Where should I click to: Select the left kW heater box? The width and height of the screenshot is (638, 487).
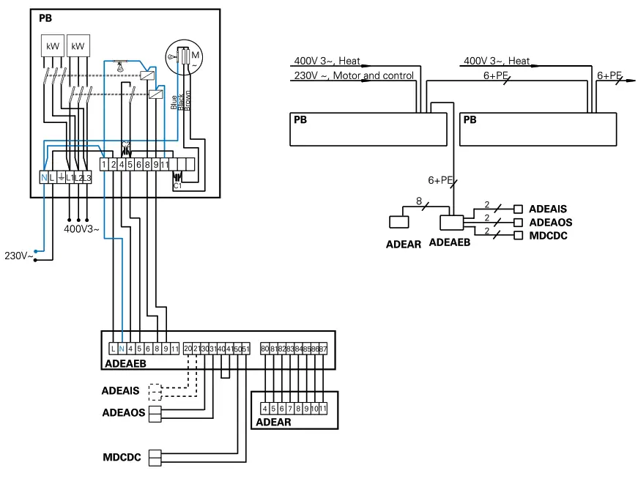coord(52,45)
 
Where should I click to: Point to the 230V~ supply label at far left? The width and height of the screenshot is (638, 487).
coord(19,256)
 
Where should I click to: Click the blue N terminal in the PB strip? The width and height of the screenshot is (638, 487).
coord(43,178)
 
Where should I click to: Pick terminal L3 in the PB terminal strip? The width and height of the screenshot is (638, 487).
coord(86,178)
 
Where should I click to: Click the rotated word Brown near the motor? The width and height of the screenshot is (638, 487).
coord(188,100)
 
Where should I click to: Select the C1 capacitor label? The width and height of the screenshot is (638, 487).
coord(177,187)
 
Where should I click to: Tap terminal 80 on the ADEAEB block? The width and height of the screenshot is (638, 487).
coord(264,349)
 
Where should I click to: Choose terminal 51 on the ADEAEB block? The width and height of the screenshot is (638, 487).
coord(245,349)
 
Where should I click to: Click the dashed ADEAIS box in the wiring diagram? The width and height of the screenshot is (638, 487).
coord(155,391)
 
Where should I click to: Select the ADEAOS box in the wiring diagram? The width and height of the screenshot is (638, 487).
coord(155,413)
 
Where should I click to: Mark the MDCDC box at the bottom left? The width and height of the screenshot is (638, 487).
coord(155,458)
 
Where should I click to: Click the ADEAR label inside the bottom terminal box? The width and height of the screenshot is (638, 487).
coord(273,422)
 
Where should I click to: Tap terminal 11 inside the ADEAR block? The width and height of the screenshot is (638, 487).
coord(322,407)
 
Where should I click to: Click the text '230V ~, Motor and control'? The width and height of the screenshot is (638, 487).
coord(353,75)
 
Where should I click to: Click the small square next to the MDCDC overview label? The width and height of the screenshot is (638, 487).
coord(519,235)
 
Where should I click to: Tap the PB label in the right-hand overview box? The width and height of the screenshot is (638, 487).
coord(470,120)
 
